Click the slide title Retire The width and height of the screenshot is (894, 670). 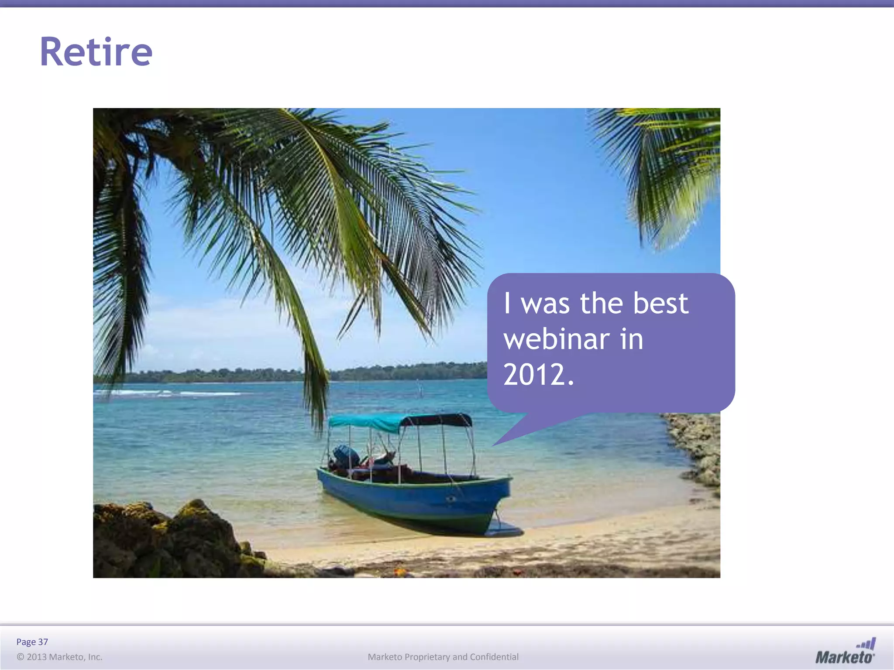96,52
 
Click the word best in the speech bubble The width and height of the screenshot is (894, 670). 660,303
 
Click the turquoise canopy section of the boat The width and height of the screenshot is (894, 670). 367,422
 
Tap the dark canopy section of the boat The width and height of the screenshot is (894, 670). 441,420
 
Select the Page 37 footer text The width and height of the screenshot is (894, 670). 32,642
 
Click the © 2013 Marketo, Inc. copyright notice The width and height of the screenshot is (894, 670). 59,657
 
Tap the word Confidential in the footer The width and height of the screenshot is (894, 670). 494,657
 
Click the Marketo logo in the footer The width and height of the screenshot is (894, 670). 845,652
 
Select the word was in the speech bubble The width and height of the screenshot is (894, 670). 545,303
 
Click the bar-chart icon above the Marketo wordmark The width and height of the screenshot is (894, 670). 866,643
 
